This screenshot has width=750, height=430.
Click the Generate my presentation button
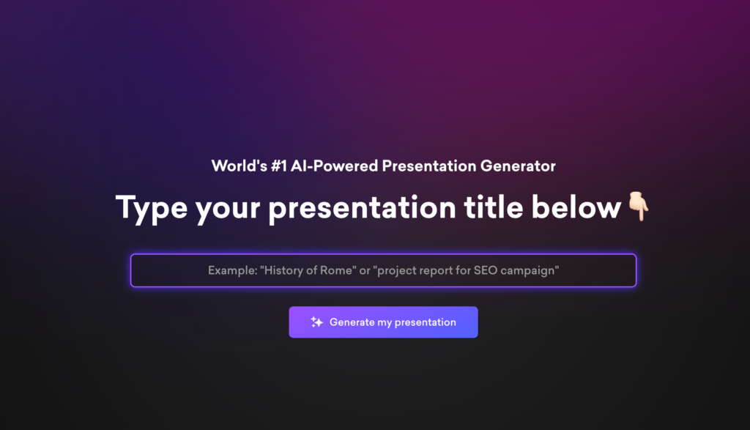383,322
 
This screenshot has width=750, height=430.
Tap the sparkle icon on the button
316,322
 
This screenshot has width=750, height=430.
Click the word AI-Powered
334,166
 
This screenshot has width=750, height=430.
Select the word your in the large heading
228,208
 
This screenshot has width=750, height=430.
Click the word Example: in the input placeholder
232,270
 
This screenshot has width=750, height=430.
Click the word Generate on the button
352,322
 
